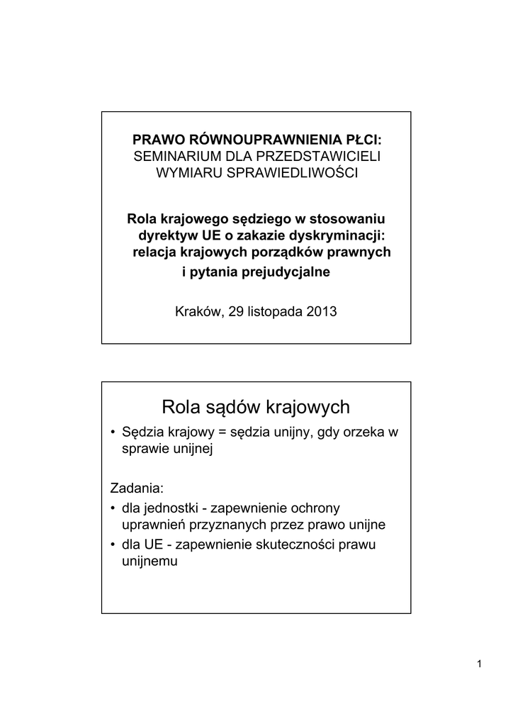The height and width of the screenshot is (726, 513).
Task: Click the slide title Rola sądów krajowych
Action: click(256, 407)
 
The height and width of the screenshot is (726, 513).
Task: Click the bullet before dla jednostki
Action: click(115, 509)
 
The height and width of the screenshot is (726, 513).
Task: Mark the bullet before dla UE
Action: click(115, 545)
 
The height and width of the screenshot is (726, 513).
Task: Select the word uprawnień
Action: click(149, 525)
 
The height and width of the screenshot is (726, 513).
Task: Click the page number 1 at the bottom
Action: click(480, 664)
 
